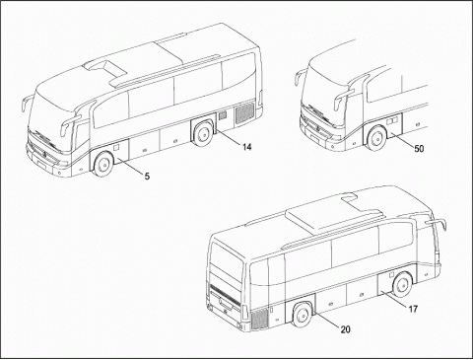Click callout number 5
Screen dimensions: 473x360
tap(147, 177)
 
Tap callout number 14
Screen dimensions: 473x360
tap(246, 147)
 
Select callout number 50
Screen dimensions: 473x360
tap(419, 149)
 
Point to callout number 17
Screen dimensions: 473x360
tap(413, 309)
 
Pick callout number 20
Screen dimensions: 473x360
tap(345, 329)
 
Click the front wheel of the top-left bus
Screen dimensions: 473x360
tap(103, 164)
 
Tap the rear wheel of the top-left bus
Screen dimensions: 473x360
tap(203, 135)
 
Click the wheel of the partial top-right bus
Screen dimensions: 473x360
tap(376, 138)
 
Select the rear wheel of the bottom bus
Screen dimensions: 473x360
tap(303, 315)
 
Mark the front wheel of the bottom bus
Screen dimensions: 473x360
tap(402, 285)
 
